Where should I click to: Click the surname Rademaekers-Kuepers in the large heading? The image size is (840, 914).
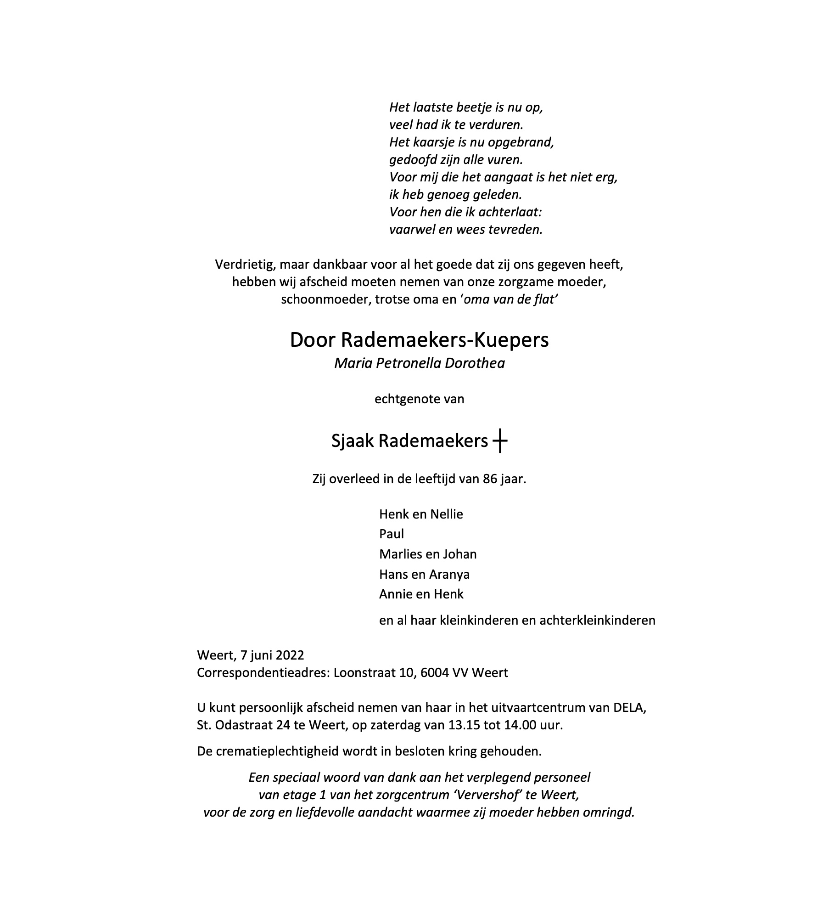coord(444,340)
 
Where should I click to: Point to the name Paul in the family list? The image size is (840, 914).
coord(392,534)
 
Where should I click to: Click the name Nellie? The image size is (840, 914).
coord(447,514)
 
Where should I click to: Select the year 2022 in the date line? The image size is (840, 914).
coord(289,655)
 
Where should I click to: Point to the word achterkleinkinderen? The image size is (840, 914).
coord(597,621)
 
